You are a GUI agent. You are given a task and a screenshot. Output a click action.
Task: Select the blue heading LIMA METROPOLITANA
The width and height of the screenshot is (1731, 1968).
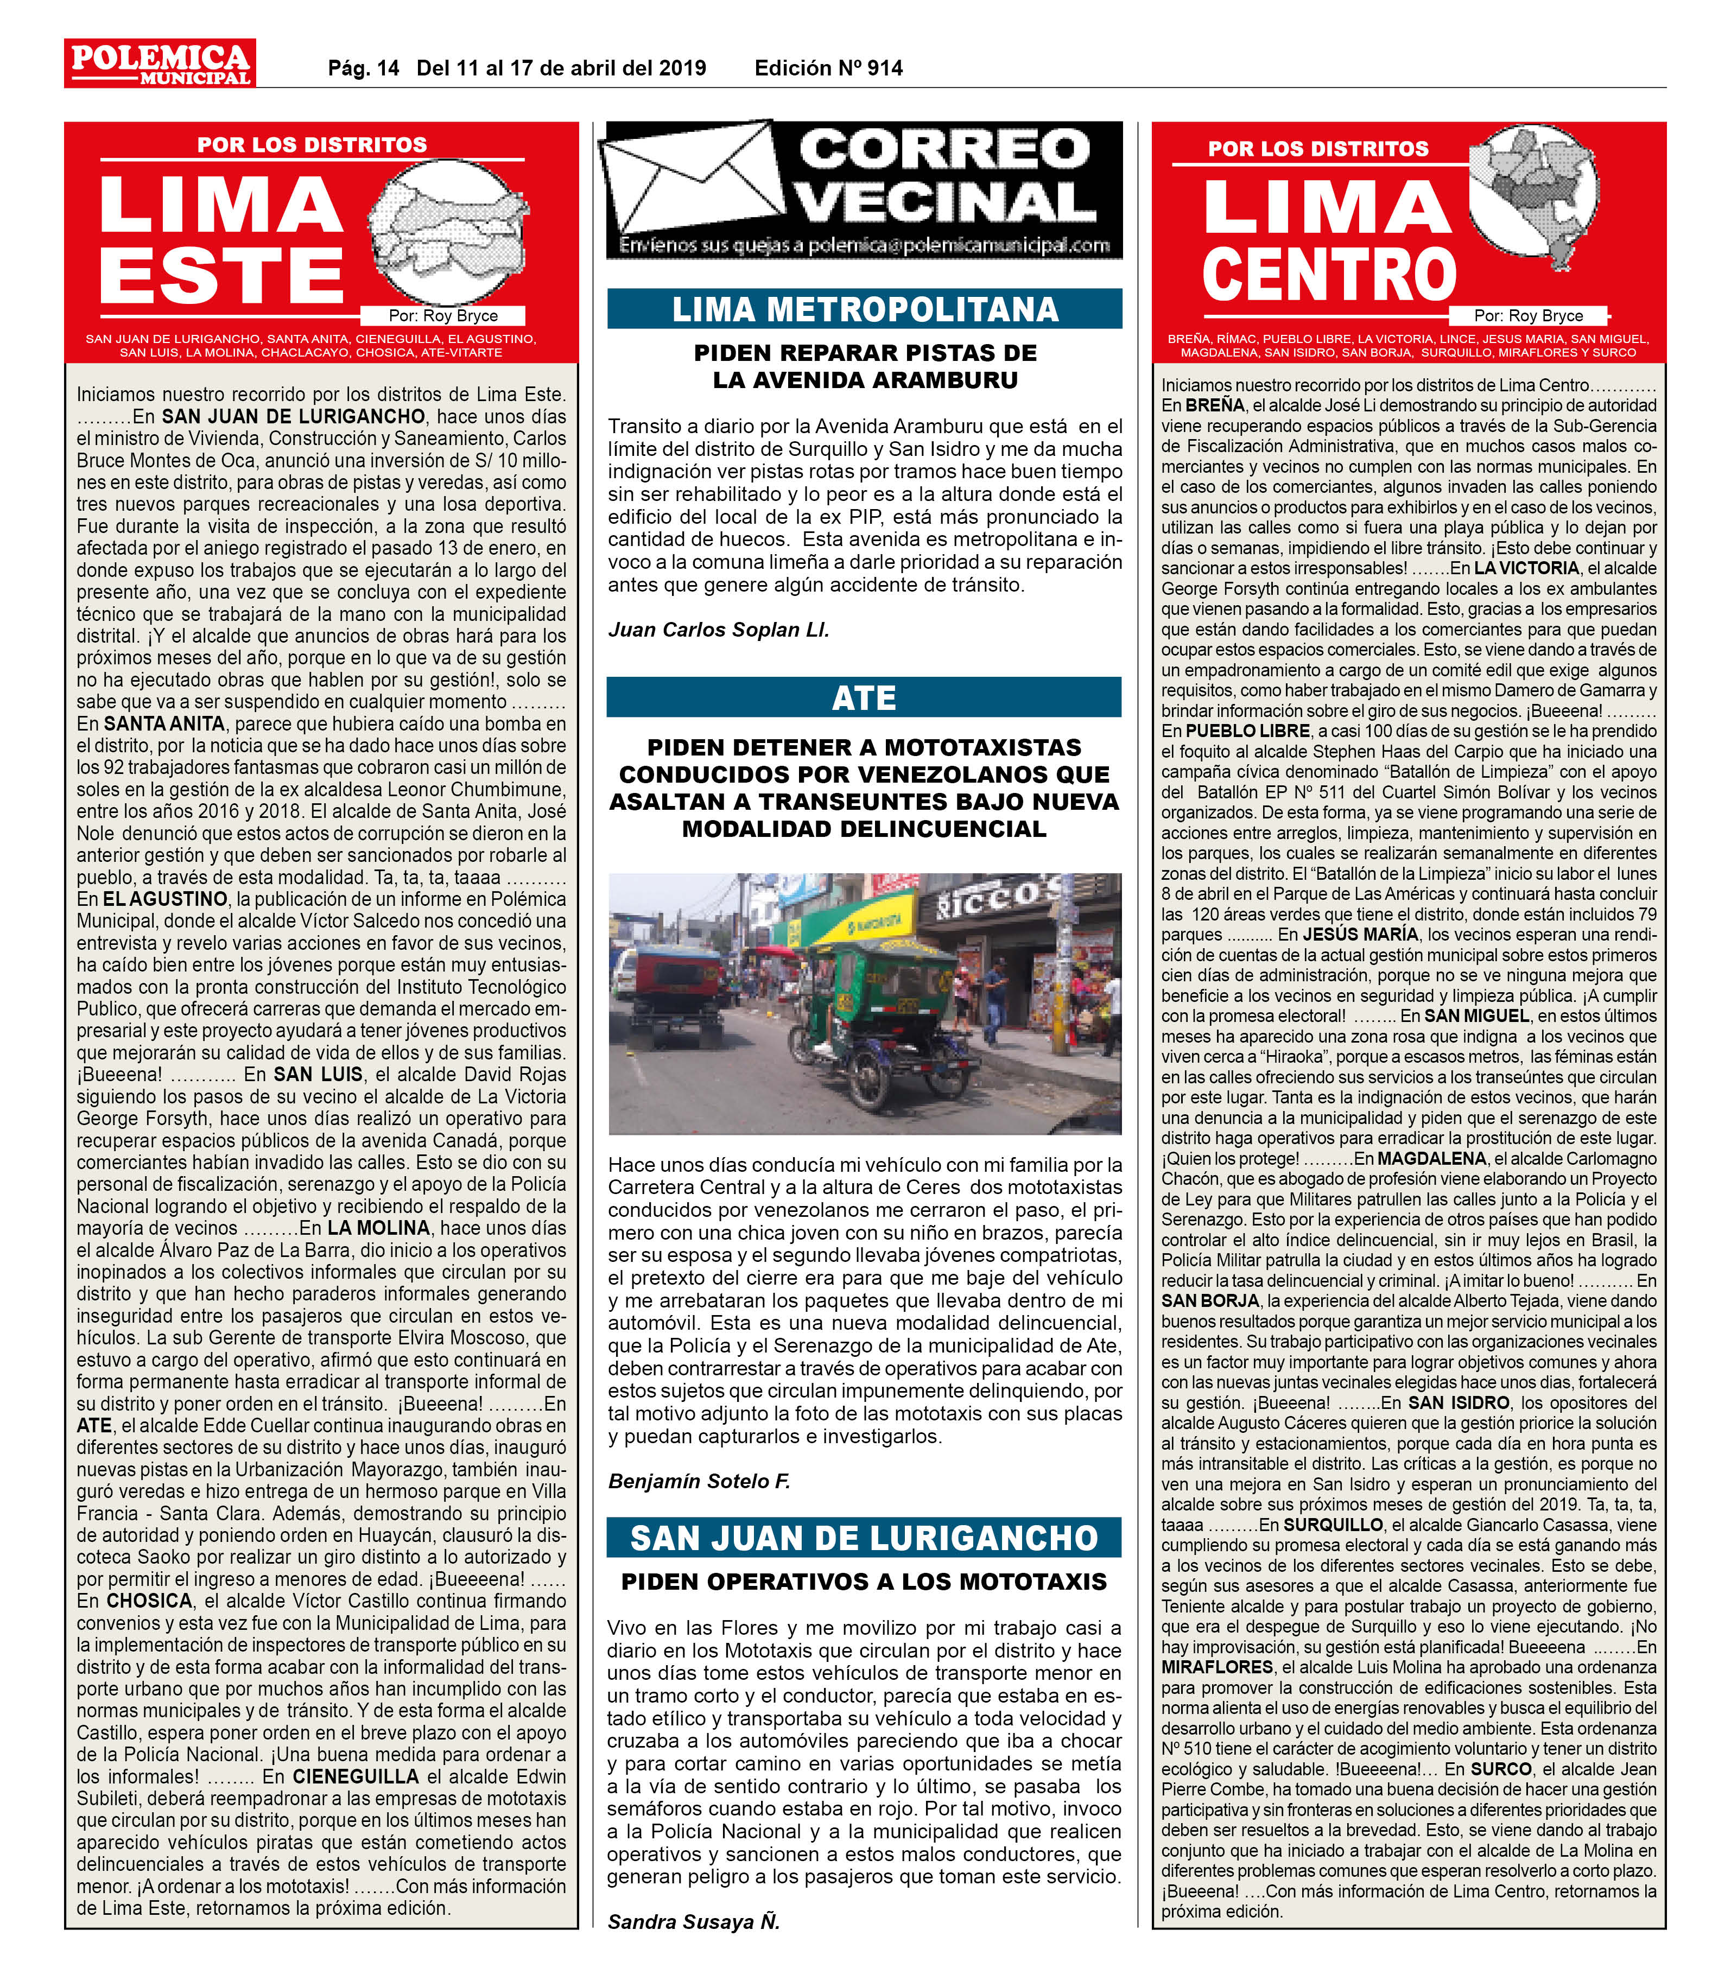pos(864,309)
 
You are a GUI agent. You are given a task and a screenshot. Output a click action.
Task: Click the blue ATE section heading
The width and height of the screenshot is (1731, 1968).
pos(864,697)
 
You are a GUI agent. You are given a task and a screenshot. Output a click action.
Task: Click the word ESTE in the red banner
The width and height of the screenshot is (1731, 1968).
pos(221,274)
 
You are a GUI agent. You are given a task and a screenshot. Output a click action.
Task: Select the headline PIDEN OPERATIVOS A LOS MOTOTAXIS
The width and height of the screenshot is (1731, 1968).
pos(864,1582)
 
